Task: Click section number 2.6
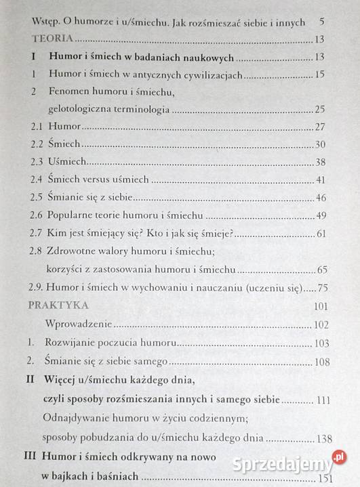[x=37, y=215]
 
